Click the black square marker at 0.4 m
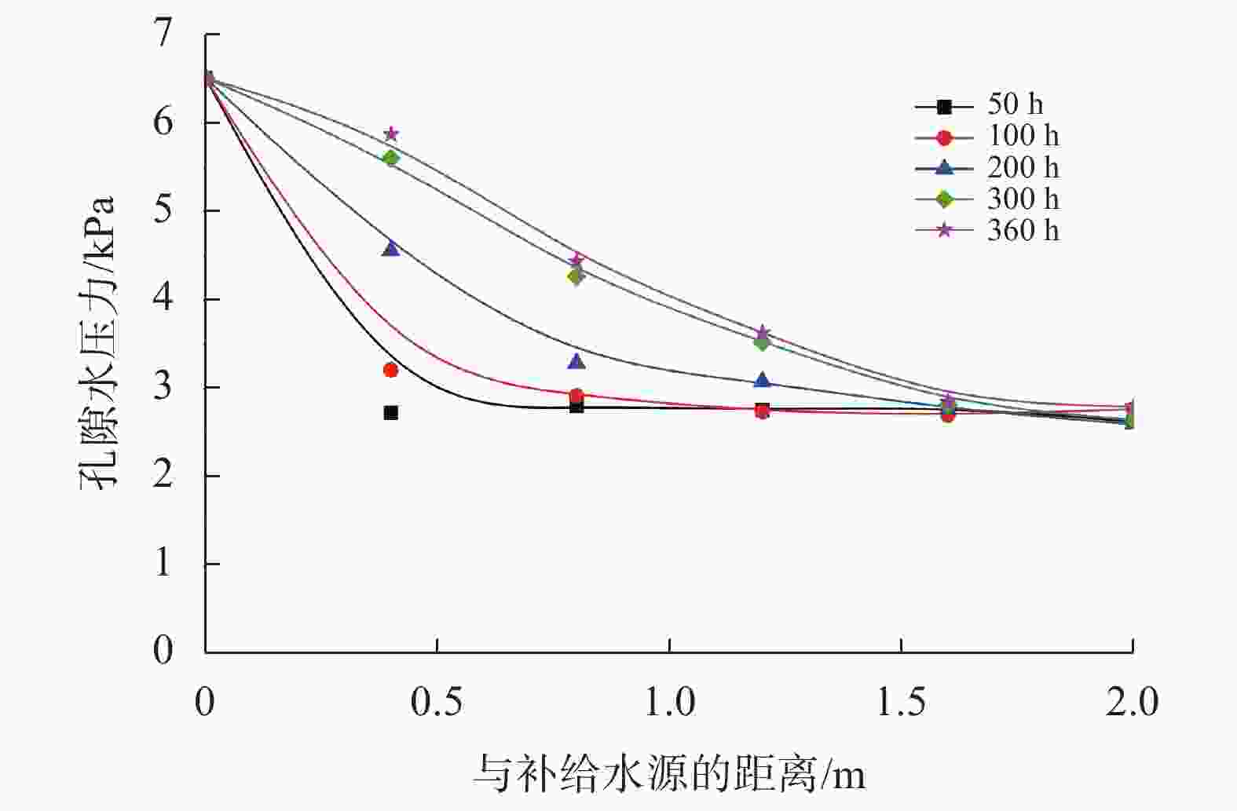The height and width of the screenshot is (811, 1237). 390,412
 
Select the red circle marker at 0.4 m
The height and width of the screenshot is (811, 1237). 390,370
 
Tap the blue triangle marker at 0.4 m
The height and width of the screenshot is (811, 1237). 390,249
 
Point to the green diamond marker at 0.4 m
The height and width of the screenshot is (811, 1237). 390,158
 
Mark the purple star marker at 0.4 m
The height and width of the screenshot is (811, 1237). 391,134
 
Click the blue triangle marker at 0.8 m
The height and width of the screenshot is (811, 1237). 576,362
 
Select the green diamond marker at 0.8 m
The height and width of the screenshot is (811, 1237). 576,276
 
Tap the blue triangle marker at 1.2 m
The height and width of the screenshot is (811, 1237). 762,380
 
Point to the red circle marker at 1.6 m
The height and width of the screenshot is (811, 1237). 948,415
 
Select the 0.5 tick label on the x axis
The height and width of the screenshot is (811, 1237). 437,702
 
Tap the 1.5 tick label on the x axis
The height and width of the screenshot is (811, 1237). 901,702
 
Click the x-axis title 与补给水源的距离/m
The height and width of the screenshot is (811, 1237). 669,774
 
